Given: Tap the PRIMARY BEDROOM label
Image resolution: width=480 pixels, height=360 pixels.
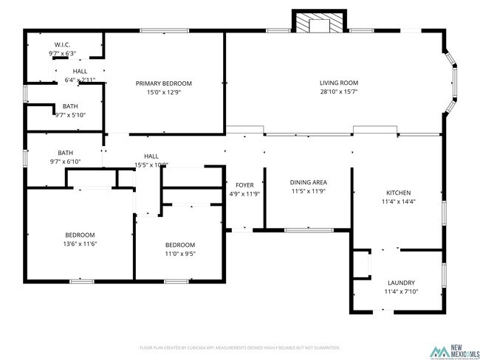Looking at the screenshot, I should click(x=163, y=83).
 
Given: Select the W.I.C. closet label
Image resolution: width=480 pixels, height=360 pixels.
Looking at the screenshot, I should click(x=62, y=45).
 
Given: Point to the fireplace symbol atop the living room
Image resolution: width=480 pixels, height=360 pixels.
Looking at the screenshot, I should click(x=319, y=24).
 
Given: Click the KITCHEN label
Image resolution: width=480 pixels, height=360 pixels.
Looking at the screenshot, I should click(x=399, y=192).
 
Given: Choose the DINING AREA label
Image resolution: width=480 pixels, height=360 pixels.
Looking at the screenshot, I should click(x=308, y=182).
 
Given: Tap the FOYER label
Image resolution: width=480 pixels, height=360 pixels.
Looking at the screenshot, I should click(x=244, y=185).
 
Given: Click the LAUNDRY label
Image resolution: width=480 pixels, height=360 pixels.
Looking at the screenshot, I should click(x=401, y=283).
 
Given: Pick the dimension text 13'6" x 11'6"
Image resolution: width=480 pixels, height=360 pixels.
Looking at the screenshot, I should click(x=80, y=244).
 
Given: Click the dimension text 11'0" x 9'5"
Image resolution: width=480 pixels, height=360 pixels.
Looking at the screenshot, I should click(x=179, y=255).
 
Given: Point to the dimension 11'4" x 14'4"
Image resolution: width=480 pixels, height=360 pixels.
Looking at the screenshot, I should click(x=399, y=201).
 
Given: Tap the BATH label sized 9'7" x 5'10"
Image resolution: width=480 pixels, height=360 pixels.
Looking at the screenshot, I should click(x=70, y=106).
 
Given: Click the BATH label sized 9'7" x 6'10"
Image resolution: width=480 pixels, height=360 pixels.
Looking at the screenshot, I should click(x=66, y=153).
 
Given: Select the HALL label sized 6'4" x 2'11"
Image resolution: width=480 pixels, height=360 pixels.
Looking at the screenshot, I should click(x=80, y=71).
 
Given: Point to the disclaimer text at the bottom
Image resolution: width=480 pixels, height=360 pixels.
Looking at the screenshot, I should click(x=239, y=347).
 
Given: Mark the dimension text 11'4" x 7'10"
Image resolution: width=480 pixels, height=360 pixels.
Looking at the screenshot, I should click(x=401, y=292).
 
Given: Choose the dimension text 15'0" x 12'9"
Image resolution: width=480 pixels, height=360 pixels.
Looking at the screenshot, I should click(x=163, y=93).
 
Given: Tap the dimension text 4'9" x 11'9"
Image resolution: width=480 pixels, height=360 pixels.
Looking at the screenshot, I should click(x=244, y=195).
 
